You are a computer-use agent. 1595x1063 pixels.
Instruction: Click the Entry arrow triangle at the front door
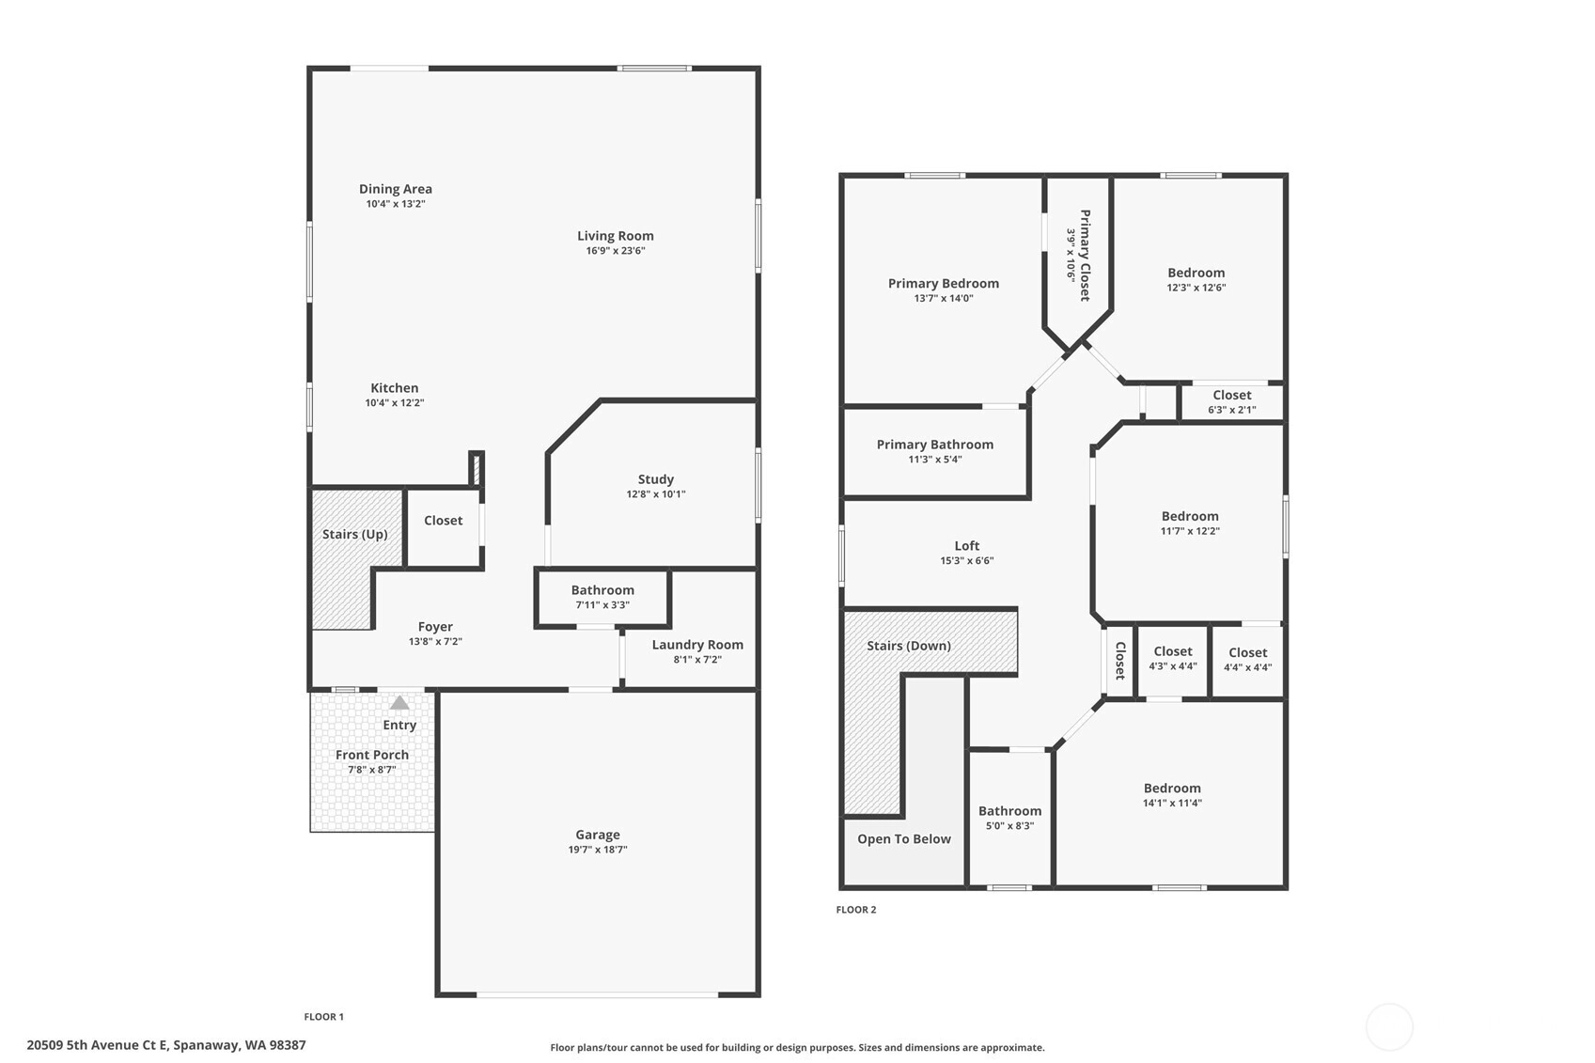[399, 703]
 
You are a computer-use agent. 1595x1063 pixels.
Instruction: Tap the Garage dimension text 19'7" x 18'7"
[598, 850]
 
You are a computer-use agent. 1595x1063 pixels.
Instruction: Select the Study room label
[656, 479]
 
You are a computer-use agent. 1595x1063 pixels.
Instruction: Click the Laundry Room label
[697, 645]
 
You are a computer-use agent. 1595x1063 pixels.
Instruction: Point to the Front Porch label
[372, 755]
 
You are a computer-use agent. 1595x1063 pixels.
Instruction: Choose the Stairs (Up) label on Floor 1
[354, 534]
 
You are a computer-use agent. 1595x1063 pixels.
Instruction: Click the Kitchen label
[395, 388]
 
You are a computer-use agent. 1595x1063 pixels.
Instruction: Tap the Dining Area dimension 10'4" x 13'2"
[396, 204]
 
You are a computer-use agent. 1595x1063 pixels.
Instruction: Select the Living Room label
[616, 236]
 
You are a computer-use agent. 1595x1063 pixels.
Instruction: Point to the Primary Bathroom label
[935, 445]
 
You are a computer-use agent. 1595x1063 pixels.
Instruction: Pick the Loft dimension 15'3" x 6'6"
[967, 560]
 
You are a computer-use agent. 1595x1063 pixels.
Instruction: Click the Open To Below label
[904, 838]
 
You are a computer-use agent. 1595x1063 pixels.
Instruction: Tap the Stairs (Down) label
[909, 646]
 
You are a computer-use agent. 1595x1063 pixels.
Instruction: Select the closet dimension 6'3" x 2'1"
[1232, 410]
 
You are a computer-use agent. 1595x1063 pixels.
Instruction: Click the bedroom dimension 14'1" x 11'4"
[1172, 803]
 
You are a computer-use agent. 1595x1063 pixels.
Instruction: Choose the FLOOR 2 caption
[856, 909]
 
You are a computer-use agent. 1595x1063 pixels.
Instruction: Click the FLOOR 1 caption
[324, 1017]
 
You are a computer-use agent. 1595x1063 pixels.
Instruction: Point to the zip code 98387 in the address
[287, 1045]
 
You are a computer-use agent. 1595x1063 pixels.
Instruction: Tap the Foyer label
[435, 627]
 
